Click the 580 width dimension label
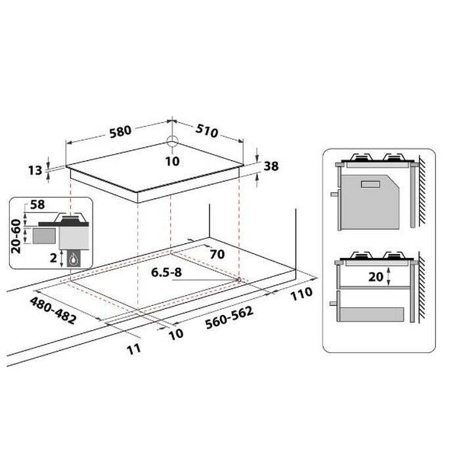pyautogui.click(x=121, y=132)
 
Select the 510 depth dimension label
pyautogui.click(x=207, y=131)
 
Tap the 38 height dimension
pyautogui.click(x=271, y=166)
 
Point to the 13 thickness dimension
pyautogui.click(x=35, y=171)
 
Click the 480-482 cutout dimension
pyautogui.click(x=53, y=310)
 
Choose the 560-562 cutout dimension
pyautogui.click(x=229, y=318)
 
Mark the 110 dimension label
pyautogui.click(x=301, y=294)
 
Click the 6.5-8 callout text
pyautogui.click(x=166, y=272)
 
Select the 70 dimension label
pyautogui.click(x=217, y=254)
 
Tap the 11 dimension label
pyautogui.click(x=134, y=349)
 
